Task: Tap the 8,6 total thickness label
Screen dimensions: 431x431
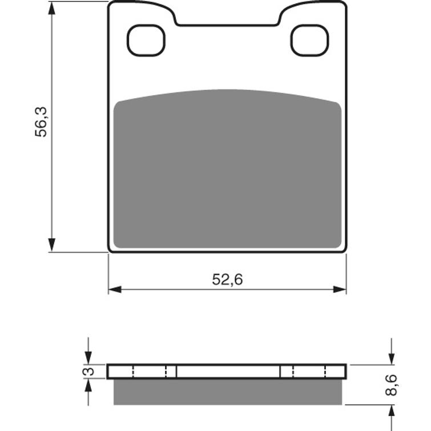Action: click(392, 384)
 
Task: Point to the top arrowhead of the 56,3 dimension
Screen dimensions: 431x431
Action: click(52, 8)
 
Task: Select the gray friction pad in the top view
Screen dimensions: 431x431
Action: click(227, 171)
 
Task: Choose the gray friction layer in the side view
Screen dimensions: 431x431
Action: click(227, 392)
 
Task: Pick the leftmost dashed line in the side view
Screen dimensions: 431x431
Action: click(133, 371)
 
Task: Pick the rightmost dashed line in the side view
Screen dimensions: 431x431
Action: click(325, 371)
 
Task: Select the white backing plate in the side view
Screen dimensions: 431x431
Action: click(227, 371)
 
